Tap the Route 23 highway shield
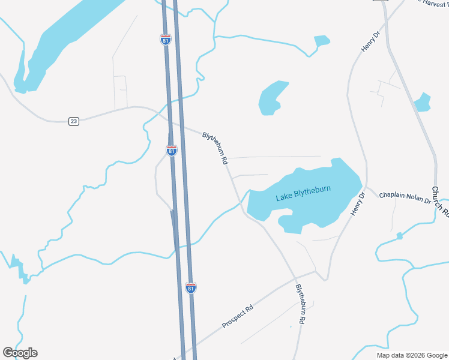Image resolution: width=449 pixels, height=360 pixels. [73, 121]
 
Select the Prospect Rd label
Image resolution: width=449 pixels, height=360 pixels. [238, 316]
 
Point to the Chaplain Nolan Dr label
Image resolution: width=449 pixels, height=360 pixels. [405, 197]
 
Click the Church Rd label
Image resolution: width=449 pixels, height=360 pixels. [440, 202]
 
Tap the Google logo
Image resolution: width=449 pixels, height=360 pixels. [20, 353]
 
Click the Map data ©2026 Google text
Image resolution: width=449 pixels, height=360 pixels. [411, 355]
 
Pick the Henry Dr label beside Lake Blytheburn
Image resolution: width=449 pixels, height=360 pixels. [357, 205]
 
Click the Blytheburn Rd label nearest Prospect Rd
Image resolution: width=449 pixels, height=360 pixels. [300, 304]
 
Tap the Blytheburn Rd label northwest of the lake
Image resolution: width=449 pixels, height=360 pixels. [215, 149]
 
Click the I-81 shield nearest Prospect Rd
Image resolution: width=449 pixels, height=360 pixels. [190, 288]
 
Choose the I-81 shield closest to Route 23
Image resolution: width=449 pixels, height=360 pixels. [172, 151]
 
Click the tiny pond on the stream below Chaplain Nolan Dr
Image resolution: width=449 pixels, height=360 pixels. [399, 236]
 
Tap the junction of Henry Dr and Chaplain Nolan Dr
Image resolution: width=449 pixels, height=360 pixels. [366, 188]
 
